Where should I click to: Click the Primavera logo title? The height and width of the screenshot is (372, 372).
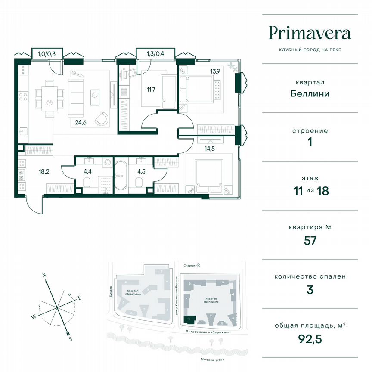pyautogui.click(x=310, y=33)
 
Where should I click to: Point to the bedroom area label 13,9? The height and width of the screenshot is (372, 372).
pyautogui.click(x=214, y=71)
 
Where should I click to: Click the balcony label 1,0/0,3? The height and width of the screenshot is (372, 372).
pyautogui.click(x=47, y=54)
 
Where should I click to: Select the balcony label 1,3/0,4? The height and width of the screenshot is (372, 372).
pyautogui.click(x=155, y=54)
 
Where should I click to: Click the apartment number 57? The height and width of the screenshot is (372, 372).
pyautogui.click(x=310, y=240)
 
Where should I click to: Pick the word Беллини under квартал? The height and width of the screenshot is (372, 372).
pyautogui.click(x=310, y=93)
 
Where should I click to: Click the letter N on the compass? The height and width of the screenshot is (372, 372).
pyautogui.click(x=44, y=274)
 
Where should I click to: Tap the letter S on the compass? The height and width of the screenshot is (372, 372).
pyautogui.click(x=70, y=339)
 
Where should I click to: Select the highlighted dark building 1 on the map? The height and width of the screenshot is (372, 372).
pyautogui.click(x=189, y=319)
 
